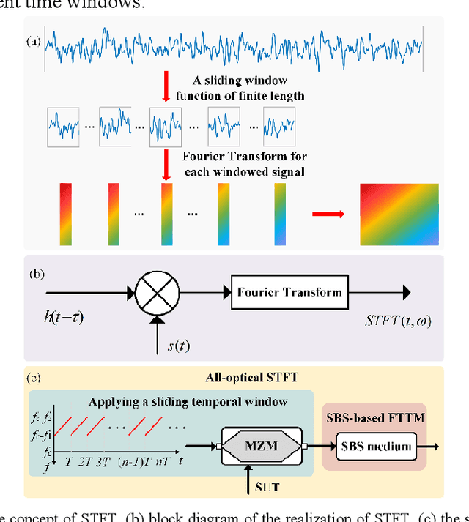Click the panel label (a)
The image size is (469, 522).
pos(34,41)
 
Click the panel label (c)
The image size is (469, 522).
pos(34,379)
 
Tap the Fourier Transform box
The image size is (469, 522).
pos(289,293)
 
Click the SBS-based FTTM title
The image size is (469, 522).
pos(375,417)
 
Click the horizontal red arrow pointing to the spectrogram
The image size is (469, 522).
pos(327,215)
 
